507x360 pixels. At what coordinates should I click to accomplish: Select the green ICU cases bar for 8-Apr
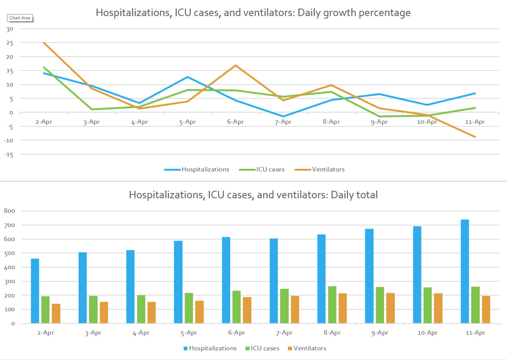pyautogui.click(x=332, y=305)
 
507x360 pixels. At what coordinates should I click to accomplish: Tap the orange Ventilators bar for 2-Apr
pyautogui.click(x=56, y=313)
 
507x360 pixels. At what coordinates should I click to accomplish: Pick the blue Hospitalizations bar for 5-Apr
pyautogui.click(x=178, y=282)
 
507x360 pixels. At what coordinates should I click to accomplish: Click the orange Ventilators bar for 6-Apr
pyautogui.click(x=247, y=310)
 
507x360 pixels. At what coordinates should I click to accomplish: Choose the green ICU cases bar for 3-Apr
pyautogui.click(x=93, y=309)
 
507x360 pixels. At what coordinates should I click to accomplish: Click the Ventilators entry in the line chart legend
pyautogui.click(x=328, y=170)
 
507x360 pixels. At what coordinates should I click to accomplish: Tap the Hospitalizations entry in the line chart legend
pyautogui.click(x=205, y=170)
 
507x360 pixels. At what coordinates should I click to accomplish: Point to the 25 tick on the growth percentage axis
pyautogui.click(x=10, y=43)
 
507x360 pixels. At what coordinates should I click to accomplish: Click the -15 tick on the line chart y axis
pyautogui.click(x=9, y=154)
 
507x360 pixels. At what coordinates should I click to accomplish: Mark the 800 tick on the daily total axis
pyautogui.click(x=10, y=211)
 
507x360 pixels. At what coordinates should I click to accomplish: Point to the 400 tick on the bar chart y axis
pyautogui.click(x=10, y=267)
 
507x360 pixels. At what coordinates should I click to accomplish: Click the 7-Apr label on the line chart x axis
pyautogui.click(x=283, y=122)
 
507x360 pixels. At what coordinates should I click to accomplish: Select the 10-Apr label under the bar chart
pyautogui.click(x=427, y=333)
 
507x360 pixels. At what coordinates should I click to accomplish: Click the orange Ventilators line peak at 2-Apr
pyautogui.click(x=44, y=43)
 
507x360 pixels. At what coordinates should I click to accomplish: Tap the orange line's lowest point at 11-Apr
pyautogui.click(x=475, y=137)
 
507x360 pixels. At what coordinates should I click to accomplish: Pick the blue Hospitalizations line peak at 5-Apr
pyautogui.click(x=187, y=77)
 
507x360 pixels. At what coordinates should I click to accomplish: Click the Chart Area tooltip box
pyautogui.click(x=20, y=18)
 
